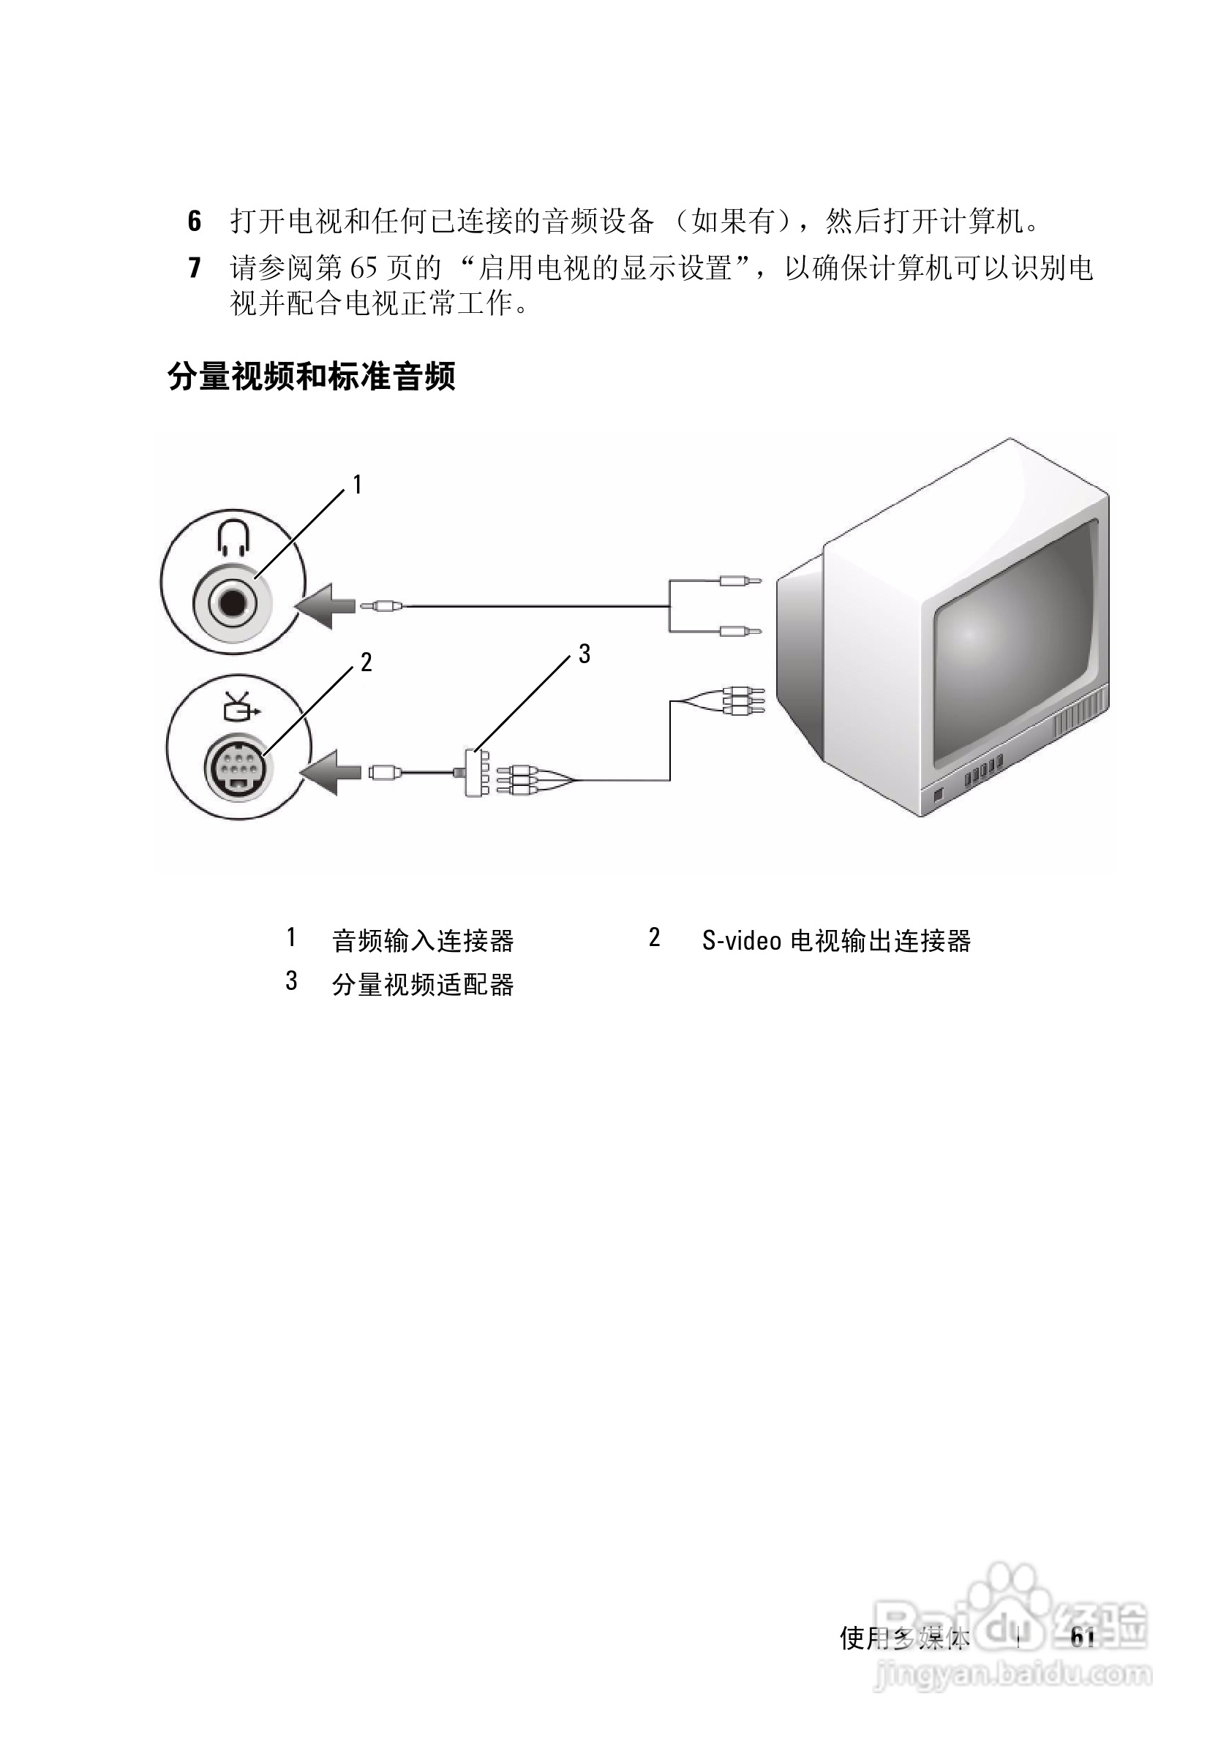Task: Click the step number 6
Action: (195, 222)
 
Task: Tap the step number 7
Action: (195, 268)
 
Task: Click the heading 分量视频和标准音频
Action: (311, 377)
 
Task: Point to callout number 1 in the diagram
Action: (357, 484)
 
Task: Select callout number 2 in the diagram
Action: (366, 662)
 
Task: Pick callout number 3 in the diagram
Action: (584, 654)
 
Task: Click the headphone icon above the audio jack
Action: (233, 538)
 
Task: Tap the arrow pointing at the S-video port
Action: (333, 773)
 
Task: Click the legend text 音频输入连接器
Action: (423, 942)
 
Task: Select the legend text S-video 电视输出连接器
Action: (836, 942)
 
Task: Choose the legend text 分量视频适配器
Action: (423, 986)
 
